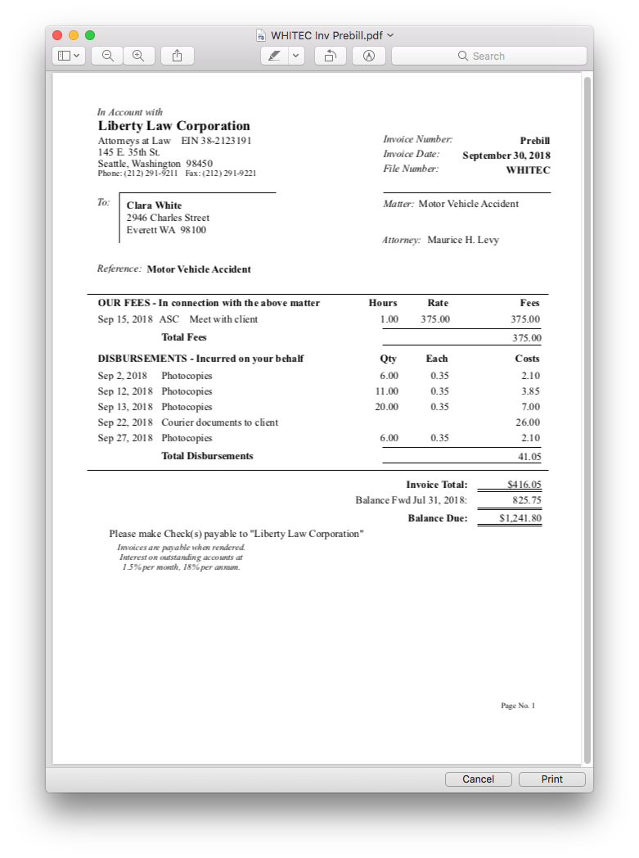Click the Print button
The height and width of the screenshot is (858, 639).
[551, 779]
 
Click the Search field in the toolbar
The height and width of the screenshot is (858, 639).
[488, 56]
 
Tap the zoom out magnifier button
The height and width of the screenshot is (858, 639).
[107, 56]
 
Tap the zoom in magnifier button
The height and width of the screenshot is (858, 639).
[138, 56]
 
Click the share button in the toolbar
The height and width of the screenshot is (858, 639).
[178, 56]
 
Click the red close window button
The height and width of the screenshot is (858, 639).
[57, 35]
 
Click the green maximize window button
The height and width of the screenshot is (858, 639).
[90, 35]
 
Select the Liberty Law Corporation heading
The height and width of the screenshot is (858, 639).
[173, 126]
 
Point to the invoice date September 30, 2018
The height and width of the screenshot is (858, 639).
[506, 156]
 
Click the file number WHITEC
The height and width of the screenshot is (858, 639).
[528, 170]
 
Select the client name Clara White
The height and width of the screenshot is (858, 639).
[154, 205]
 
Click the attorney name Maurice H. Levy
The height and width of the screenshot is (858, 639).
[462, 240]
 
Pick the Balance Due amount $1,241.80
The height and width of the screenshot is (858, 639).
[520, 518]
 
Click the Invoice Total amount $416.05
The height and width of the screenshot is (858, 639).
[524, 485]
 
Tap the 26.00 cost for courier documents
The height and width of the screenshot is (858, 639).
[528, 422]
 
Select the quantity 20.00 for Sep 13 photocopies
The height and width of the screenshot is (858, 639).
[386, 407]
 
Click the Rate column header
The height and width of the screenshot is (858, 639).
[438, 303]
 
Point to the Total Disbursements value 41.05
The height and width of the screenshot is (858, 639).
[529, 457]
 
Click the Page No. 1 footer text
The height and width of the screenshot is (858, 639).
[518, 706]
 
